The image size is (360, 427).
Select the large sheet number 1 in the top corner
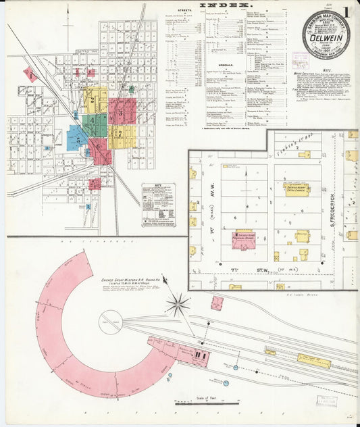tap(346, 13)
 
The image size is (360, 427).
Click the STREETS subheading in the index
tap(184, 11)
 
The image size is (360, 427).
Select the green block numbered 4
tap(94, 122)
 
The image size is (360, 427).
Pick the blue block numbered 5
tap(78, 141)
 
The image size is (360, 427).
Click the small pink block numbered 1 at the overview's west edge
tap(30, 75)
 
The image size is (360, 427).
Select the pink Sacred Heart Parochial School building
tap(243, 239)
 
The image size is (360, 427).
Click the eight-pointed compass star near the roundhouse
tap(178, 305)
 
